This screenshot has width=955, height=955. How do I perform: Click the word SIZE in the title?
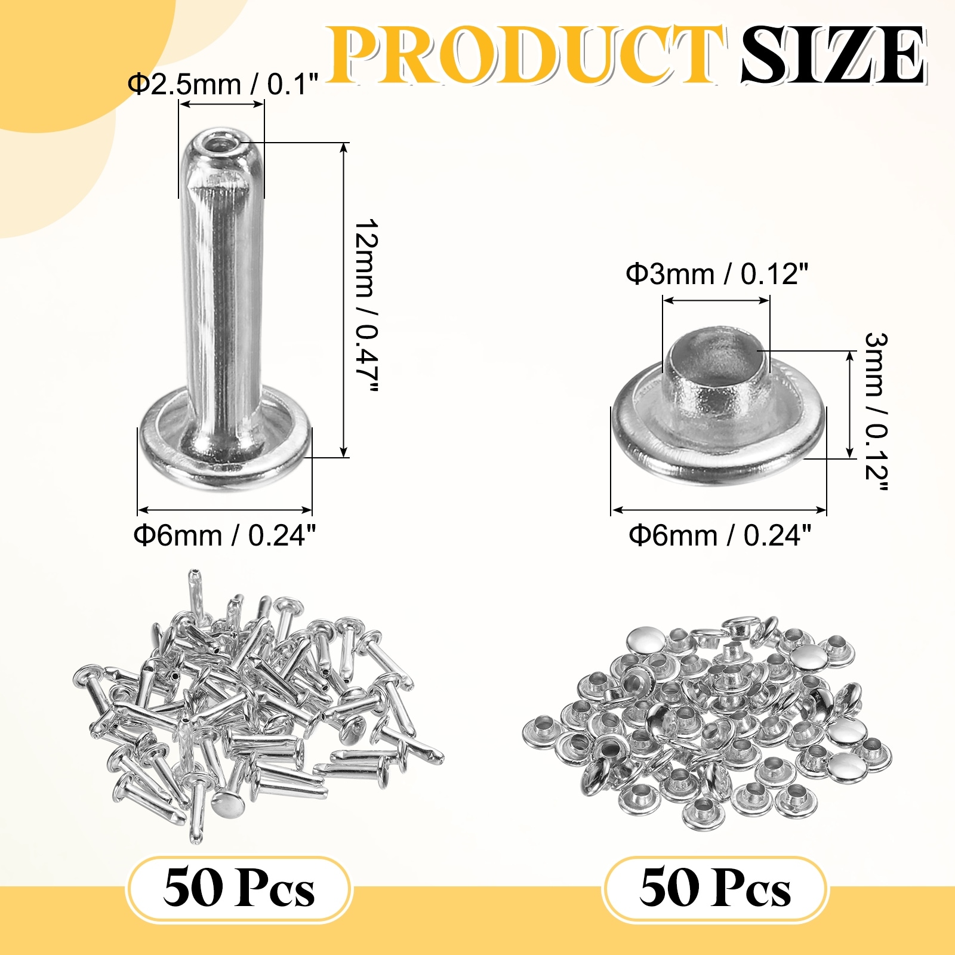coord(833,55)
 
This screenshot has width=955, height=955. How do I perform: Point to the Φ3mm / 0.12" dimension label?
coord(717,274)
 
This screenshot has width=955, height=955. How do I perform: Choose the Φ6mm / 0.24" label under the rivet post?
coord(224,535)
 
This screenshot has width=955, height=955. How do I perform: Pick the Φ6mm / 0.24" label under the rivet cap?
coord(720,535)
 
